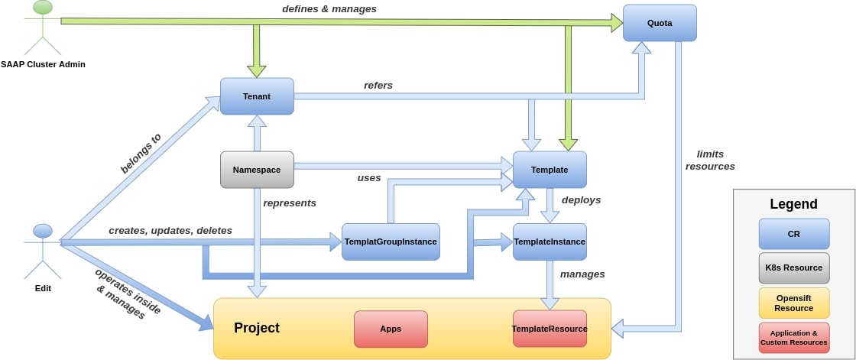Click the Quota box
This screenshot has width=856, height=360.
click(660, 23)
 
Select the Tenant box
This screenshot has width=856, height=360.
click(257, 96)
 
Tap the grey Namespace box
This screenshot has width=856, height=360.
click(257, 170)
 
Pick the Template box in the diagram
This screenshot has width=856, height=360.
click(550, 170)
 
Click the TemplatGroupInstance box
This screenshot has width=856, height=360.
click(391, 242)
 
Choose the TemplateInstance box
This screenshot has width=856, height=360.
click(550, 242)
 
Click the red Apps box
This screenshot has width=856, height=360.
click(391, 329)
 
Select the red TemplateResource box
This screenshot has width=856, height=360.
click(550, 329)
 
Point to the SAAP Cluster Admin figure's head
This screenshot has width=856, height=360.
click(43, 7)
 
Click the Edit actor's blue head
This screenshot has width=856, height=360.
click(43, 231)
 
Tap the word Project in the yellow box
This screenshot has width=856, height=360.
click(257, 328)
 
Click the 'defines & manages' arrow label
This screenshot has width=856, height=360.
click(329, 8)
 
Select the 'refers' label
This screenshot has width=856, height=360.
click(378, 85)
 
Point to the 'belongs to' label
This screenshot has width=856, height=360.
click(141, 154)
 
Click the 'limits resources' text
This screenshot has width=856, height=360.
click(710, 160)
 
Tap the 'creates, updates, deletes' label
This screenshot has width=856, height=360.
click(170, 231)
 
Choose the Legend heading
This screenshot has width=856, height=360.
click(794, 204)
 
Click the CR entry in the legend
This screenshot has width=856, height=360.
click(794, 234)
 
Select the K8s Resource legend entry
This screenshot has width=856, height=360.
click(794, 268)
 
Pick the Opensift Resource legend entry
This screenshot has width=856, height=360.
click(794, 303)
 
